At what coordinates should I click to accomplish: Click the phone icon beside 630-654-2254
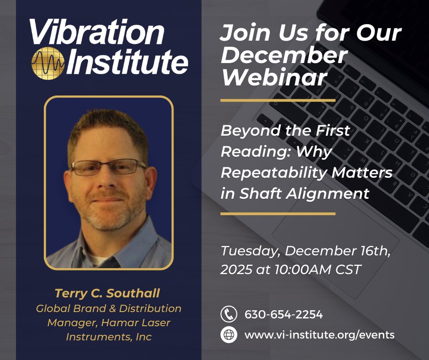click(229, 314)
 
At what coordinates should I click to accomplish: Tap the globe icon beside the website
click(229, 334)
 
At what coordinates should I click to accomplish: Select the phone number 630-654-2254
click(283, 314)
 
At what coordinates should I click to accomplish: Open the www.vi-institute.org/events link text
click(319, 334)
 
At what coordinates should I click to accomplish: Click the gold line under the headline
click(277, 100)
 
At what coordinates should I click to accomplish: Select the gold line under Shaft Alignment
click(277, 213)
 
